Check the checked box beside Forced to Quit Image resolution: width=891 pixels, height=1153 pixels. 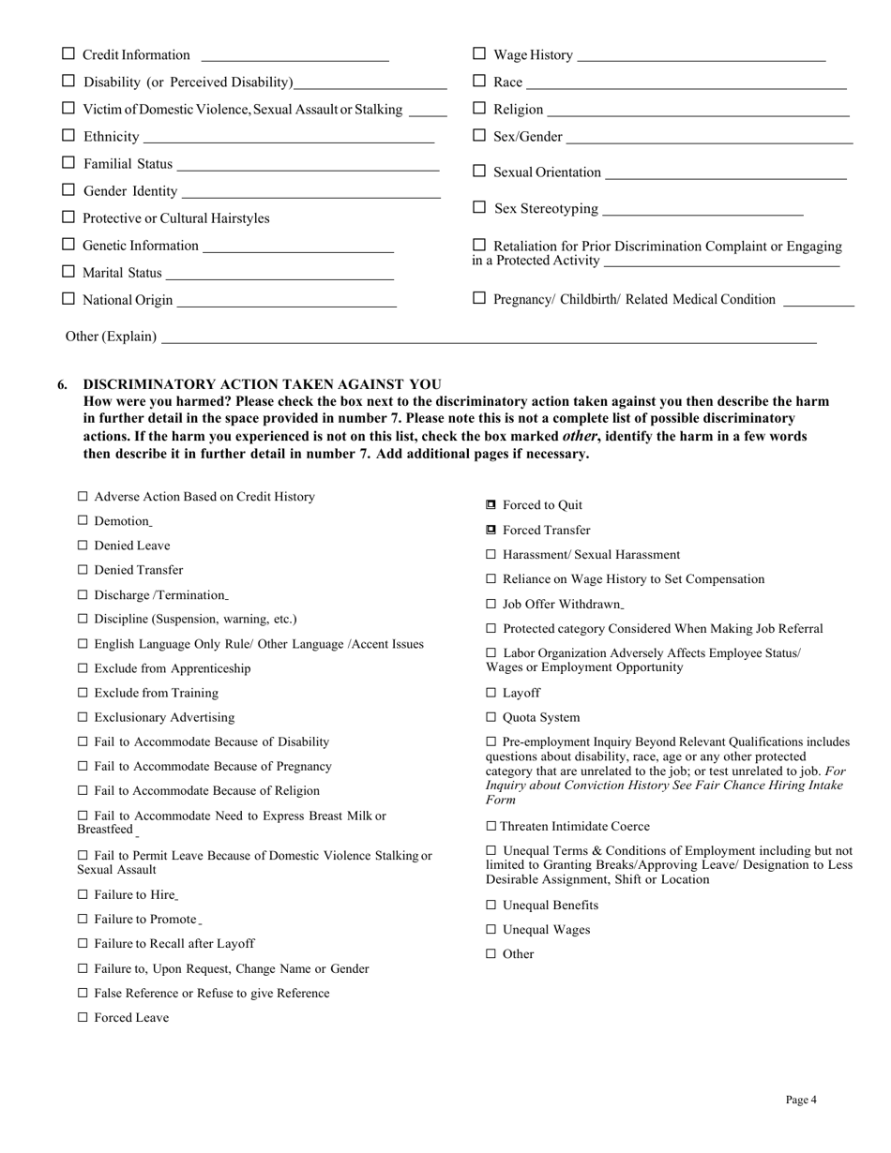[x=491, y=505]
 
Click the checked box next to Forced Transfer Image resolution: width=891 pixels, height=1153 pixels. [x=491, y=530]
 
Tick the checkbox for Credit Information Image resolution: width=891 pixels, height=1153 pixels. [x=68, y=54]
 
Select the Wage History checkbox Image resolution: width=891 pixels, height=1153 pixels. [x=479, y=54]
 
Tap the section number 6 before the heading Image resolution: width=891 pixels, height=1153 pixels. [x=63, y=384]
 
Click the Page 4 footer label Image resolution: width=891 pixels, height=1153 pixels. [x=801, y=1100]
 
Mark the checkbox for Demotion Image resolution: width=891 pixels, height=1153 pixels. [x=83, y=520]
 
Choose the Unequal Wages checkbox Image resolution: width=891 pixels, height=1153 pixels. [x=491, y=929]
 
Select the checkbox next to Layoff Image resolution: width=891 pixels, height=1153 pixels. [x=491, y=693]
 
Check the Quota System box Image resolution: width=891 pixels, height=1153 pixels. [x=491, y=717]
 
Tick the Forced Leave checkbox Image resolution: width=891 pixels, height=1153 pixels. [x=83, y=1017]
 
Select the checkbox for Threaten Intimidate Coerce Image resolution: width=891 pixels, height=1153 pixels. [x=491, y=826]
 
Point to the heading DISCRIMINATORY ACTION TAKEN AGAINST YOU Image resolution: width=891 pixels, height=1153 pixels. [x=262, y=384]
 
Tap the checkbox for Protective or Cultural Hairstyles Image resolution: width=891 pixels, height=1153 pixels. [x=68, y=217]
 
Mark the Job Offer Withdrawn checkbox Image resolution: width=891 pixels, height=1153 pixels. [x=491, y=604]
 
